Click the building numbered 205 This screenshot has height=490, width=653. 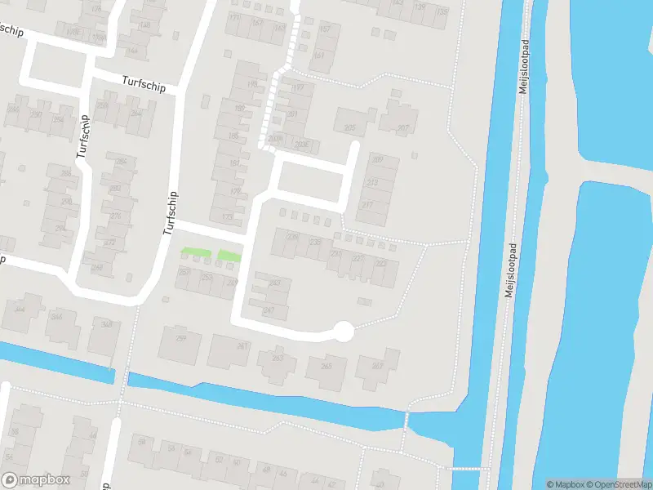pyautogui.click(x=350, y=127)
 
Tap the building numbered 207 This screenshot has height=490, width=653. pyautogui.click(x=402, y=127)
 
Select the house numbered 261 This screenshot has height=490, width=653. pyautogui.click(x=242, y=346)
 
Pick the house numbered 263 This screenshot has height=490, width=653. pyautogui.click(x=278, y=358)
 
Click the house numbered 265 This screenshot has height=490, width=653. pyautogui.click(x=326, y=366)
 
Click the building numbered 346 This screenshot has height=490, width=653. pyautogui.click(x=57, y=317)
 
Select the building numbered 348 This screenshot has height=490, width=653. pyautogui.click(x=107, y=325)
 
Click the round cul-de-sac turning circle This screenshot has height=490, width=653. pyautogui.click(x=344, y=331)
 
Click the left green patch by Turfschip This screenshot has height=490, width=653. pyautogui.click(x=193, y=252)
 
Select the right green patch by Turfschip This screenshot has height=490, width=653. pyautogui.click(x=229, y=256)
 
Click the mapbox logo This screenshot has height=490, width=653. pyautogui.click(x=36, y=479)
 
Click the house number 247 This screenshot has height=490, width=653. pyautogui.click(x=269, y=311)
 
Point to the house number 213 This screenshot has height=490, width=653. pyautogui.click(x=373, y=182)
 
